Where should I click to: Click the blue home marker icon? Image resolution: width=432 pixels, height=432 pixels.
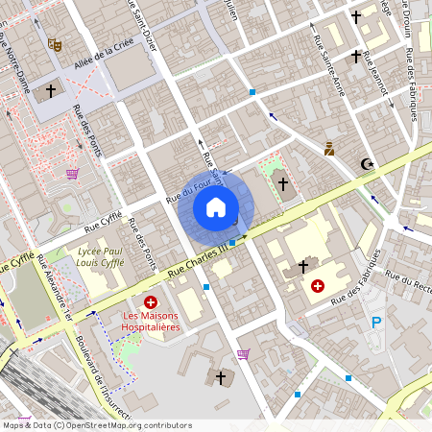216,206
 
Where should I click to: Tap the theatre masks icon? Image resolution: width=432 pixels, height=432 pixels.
55,44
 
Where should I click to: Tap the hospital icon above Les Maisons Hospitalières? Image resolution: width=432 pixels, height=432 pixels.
150,301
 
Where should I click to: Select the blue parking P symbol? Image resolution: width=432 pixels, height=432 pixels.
376,323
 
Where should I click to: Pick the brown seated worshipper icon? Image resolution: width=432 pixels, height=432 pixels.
328,149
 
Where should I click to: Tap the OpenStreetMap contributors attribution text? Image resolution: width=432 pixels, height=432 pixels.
96,425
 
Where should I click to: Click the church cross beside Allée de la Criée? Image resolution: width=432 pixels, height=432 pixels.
51,91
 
